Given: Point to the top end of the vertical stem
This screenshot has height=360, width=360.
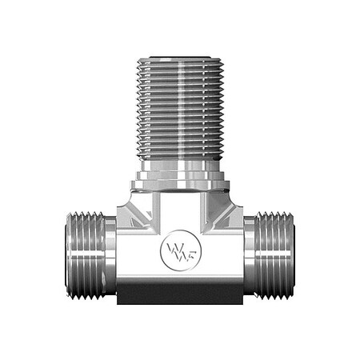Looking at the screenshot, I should pos(179,58).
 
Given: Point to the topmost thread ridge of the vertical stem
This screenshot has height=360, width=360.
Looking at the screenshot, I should pos(179,65).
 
